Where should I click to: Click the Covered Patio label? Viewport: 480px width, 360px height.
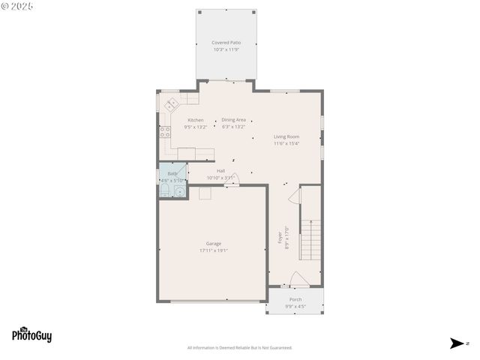point(226,43)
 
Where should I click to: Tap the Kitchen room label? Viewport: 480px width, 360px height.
point(196,120)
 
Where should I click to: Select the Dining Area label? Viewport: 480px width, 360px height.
point(233,120)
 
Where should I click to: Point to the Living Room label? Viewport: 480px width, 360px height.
point(286,136)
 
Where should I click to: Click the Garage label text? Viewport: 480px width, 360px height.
point(214,244)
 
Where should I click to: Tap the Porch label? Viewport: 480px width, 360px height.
point(295,299)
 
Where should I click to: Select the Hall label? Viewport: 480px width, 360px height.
point(200,171)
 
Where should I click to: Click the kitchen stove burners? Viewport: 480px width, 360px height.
point(164,132)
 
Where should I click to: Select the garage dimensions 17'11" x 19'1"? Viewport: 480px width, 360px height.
point(214,250)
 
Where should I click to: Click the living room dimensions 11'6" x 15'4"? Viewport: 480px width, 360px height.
point(286,143)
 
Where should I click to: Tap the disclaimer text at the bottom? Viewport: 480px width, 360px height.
point(239,347)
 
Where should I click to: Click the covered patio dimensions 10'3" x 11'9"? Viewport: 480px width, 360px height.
point(226,49)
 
